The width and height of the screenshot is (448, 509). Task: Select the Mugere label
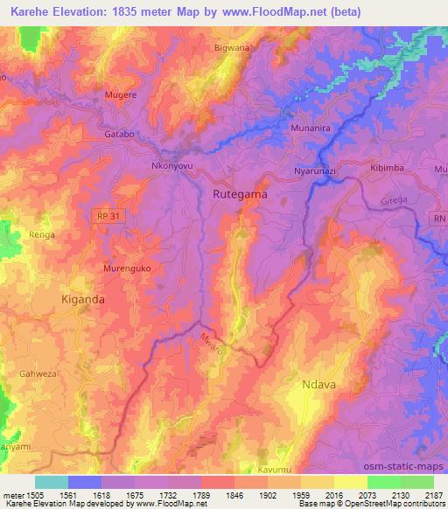click(x=121, y=92)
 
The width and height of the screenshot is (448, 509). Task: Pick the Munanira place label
click(x=308, y=128)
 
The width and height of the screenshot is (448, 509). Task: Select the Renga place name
click(x=42, y=235)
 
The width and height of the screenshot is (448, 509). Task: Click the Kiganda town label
click(x=83, y=299)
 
